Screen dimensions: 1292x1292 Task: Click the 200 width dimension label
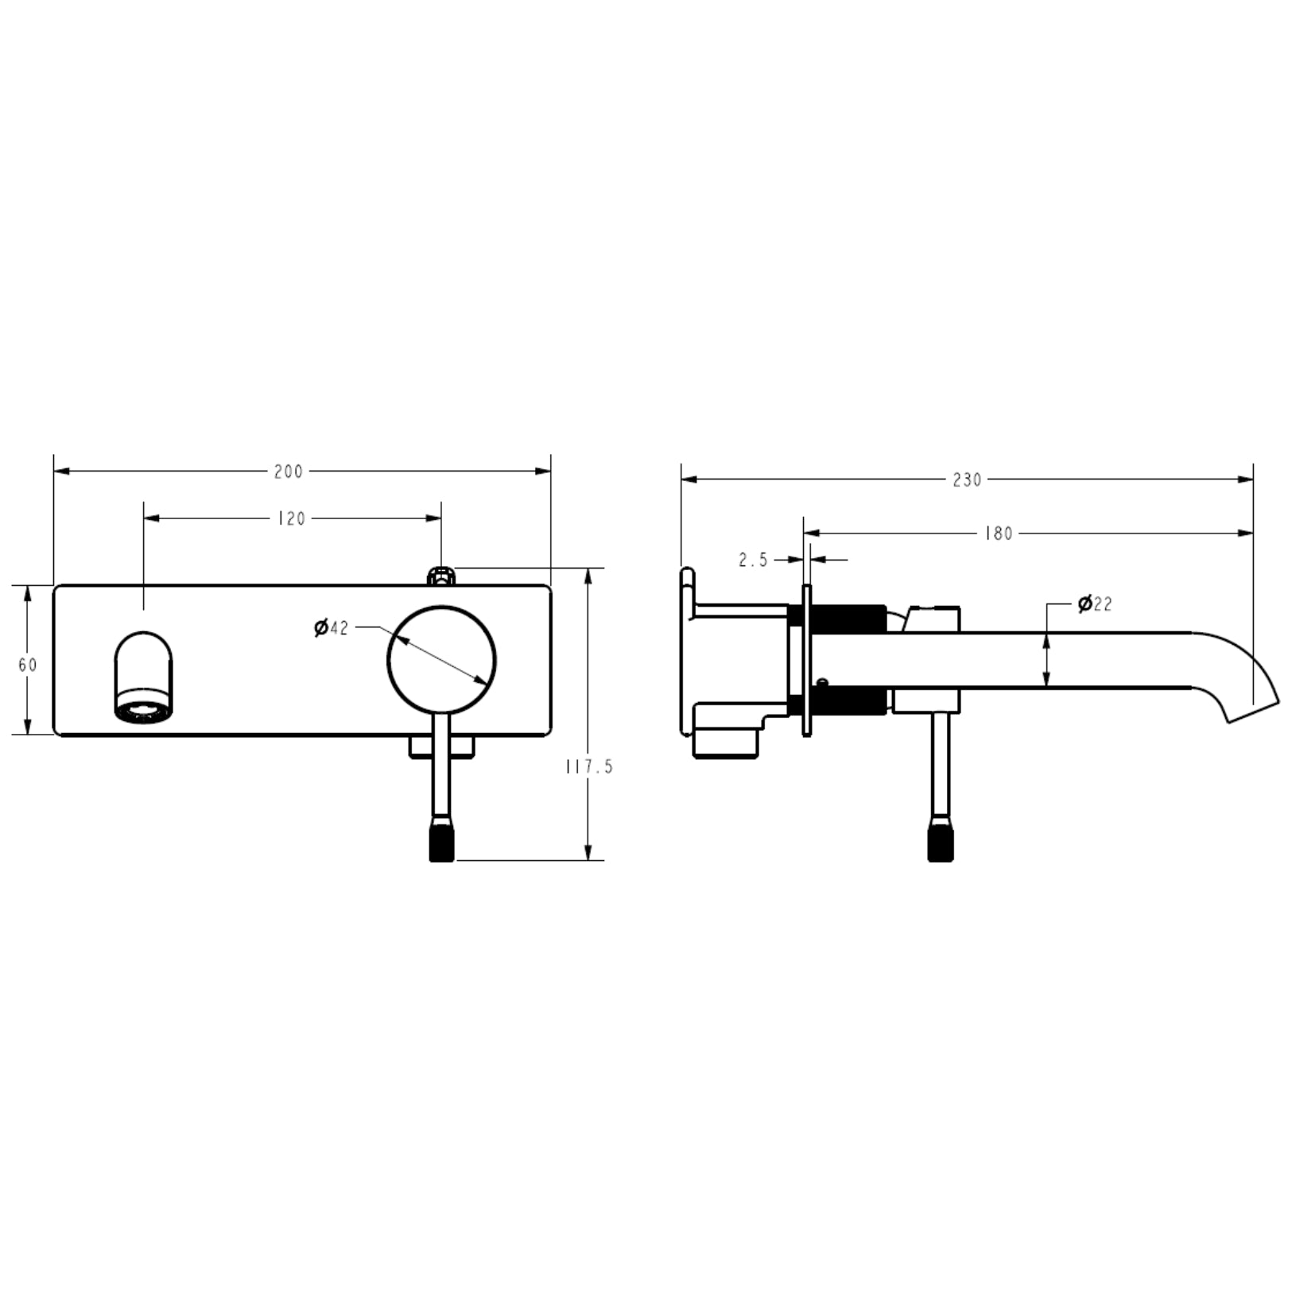pos(288,471)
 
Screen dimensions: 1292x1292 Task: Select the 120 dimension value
pos(291,518)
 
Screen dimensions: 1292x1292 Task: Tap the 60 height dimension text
pos(28,664)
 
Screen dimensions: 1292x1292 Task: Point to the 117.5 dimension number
pos(589,767)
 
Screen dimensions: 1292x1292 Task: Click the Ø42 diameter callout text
pos(332,628)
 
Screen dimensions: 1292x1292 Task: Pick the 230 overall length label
pos(967,479)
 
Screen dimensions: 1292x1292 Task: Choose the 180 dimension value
pos(999,533)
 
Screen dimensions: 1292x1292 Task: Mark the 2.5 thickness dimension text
pos(754,561)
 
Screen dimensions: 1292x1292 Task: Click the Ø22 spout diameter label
pos(1095,604)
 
